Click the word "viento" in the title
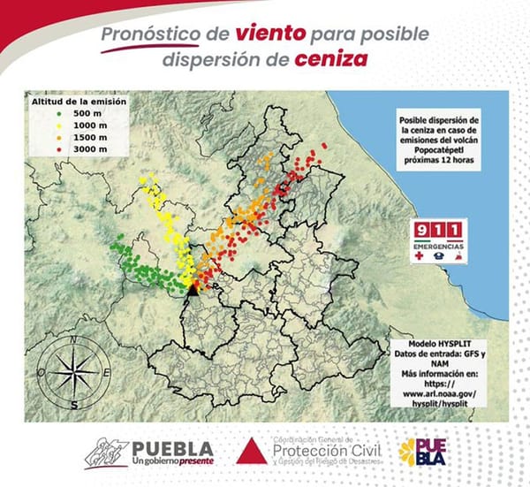pos(271,35)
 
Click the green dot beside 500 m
pos(57,114)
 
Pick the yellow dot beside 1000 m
pos(57,126)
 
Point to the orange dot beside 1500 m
pos(57,137)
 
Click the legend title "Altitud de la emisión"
pos(79,103)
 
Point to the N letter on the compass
pos(76,339)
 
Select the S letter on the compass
pos(75,405)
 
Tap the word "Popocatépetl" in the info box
pos(439,152)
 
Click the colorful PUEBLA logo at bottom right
pos(422,451)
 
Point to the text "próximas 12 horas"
pos(439,164)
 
